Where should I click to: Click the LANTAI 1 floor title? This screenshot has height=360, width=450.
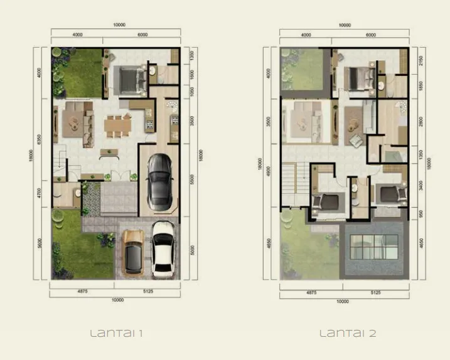coord(117,333)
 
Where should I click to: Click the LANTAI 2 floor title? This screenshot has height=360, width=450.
coord(348,333)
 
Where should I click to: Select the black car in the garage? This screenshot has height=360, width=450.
coord(159,182)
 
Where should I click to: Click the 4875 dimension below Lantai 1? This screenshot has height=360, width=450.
coord(83,292)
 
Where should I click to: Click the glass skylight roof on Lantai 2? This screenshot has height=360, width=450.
coord(374,247)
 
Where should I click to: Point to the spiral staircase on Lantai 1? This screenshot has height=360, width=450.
coord(171,114)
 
